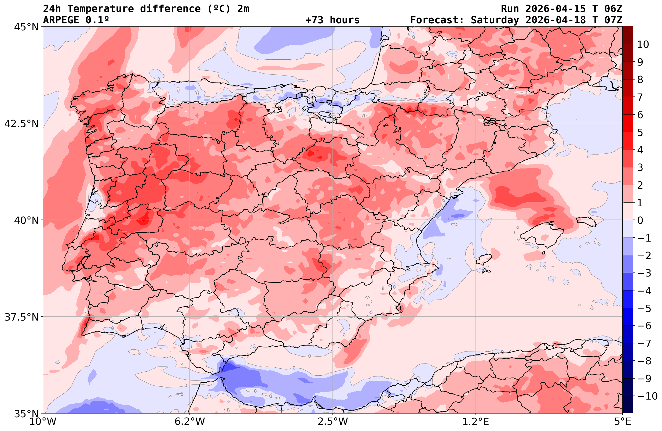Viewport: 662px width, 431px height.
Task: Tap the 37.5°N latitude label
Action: [x=21, y=317]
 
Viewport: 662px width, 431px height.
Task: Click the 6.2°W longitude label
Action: [x=189, y=422]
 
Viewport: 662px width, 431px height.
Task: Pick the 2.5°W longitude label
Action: [x=333, y=422]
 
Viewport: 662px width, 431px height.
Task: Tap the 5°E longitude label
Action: [x=622, y=422]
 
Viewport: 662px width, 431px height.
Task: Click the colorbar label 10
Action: [x=643, y=44]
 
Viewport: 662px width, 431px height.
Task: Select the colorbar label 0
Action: [x=640, y=220]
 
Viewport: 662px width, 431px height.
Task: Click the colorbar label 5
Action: [x=640, y=132]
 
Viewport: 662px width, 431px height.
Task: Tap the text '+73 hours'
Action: [x=332, y=20]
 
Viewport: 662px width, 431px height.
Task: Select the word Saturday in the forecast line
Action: [x=495, y=20]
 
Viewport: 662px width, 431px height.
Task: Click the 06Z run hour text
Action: [x=613, y=9]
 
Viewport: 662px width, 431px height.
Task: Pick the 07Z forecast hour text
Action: [x=613, y=20]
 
